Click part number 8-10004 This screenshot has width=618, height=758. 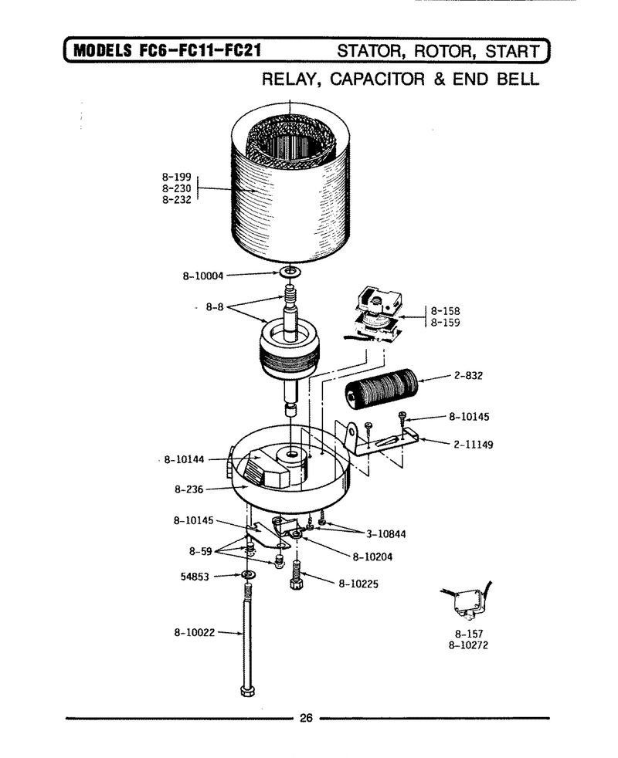[202, 276]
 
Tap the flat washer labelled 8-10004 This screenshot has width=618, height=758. [290, 272]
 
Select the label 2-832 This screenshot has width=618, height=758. [468, 376]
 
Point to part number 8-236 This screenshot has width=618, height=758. [188, 489]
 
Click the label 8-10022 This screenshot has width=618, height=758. [194, 632]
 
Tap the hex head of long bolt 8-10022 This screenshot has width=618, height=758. [247, 690]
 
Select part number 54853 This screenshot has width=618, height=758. [195, 577]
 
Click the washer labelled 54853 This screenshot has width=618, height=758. [249, 574]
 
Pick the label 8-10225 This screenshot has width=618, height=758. [358, 584]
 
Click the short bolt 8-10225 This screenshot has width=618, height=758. [296, 574]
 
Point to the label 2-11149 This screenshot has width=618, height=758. [474, 445]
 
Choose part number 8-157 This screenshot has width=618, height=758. [468, 634]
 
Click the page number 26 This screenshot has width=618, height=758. [306, 718]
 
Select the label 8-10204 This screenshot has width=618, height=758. [372, 557]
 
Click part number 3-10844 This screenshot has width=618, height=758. [385, 534]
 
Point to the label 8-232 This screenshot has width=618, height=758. [177, 200]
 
